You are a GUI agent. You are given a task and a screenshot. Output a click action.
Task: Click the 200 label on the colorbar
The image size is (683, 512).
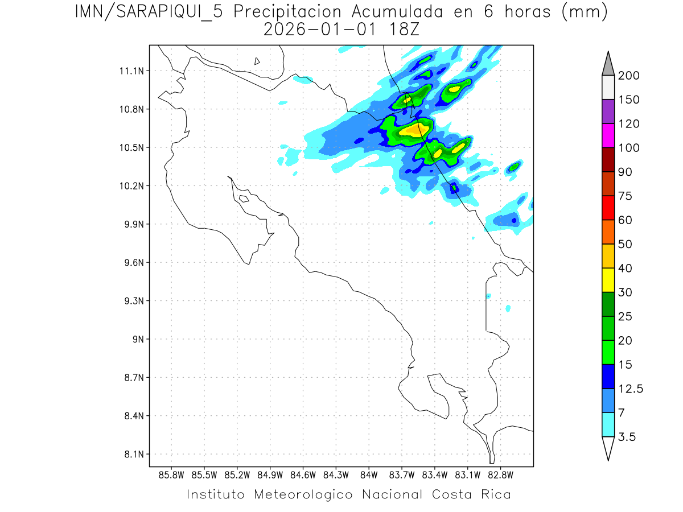click(x=628, y=76)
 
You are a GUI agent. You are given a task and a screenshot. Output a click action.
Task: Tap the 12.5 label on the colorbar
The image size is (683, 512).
click(x=631, y=389)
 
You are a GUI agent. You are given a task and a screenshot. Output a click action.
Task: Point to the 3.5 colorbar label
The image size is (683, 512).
click(x=627, y=437)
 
